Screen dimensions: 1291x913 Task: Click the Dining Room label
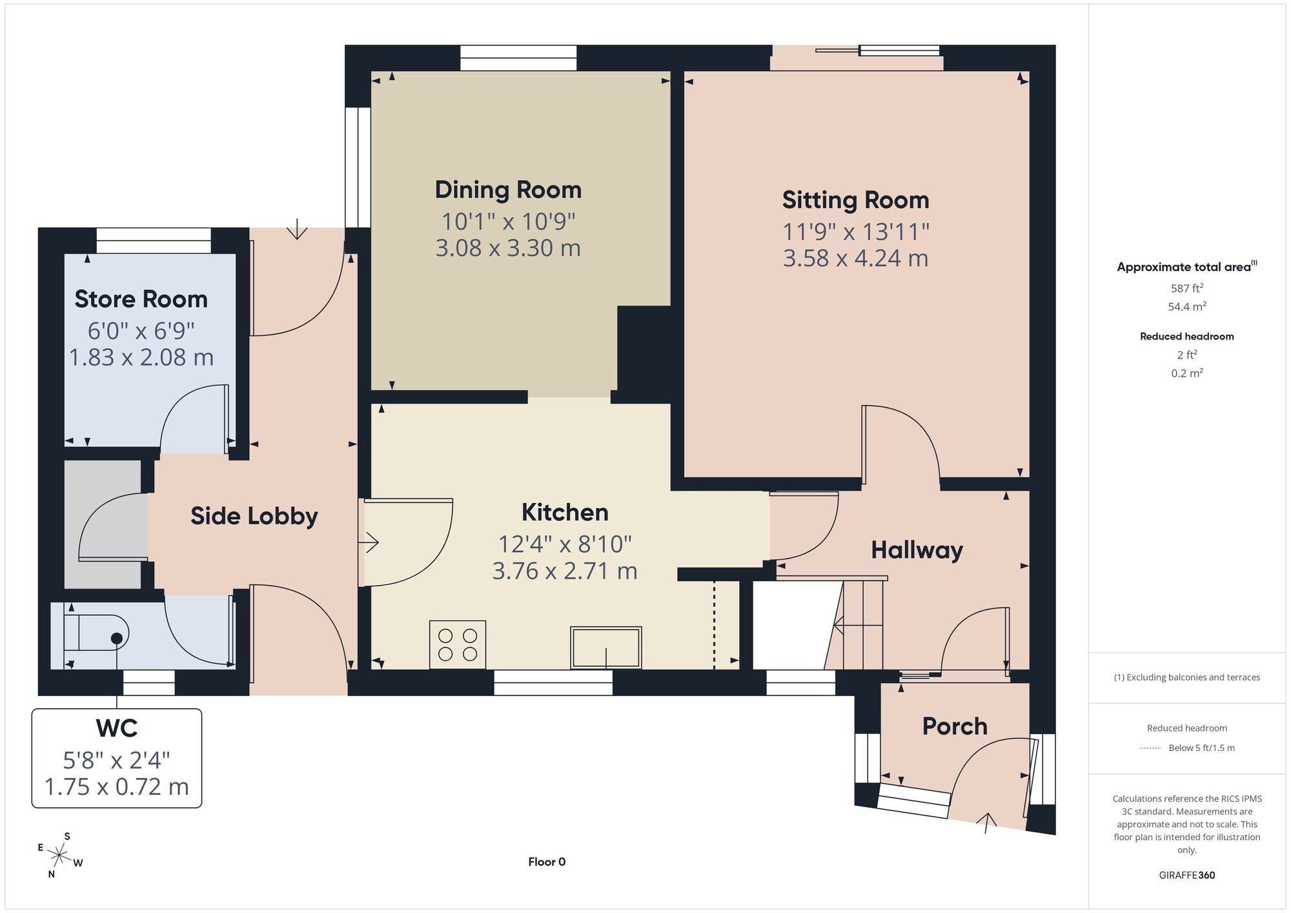(508, 190)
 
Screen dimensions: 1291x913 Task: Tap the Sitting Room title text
(855, 200)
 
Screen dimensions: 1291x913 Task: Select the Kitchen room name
(565, 512)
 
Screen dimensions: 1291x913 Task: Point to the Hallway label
(917, 550)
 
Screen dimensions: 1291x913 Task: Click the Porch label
(955, 726)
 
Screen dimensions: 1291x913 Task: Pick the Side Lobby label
(254, 516)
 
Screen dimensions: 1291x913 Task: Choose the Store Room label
(141, 299)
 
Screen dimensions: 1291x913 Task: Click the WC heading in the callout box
(117, 728)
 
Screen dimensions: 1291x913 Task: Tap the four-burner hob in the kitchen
(458, 644)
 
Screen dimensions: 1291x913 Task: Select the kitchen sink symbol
(605, 648)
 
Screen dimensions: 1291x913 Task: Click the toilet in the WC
(96, 632)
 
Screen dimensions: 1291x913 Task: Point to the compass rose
(60, 856)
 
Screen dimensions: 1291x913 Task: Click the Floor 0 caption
(547, 862)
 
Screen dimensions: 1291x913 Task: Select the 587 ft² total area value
(1186, 288)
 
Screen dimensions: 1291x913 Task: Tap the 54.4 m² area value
(1186, 307)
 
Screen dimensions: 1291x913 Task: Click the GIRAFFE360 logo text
(1186, 876)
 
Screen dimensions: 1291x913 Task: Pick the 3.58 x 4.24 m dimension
(855, 258)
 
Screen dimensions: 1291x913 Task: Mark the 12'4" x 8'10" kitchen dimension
(565, 544)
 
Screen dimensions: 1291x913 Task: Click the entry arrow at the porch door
(986, 823)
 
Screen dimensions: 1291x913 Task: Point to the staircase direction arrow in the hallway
(859, 625)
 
